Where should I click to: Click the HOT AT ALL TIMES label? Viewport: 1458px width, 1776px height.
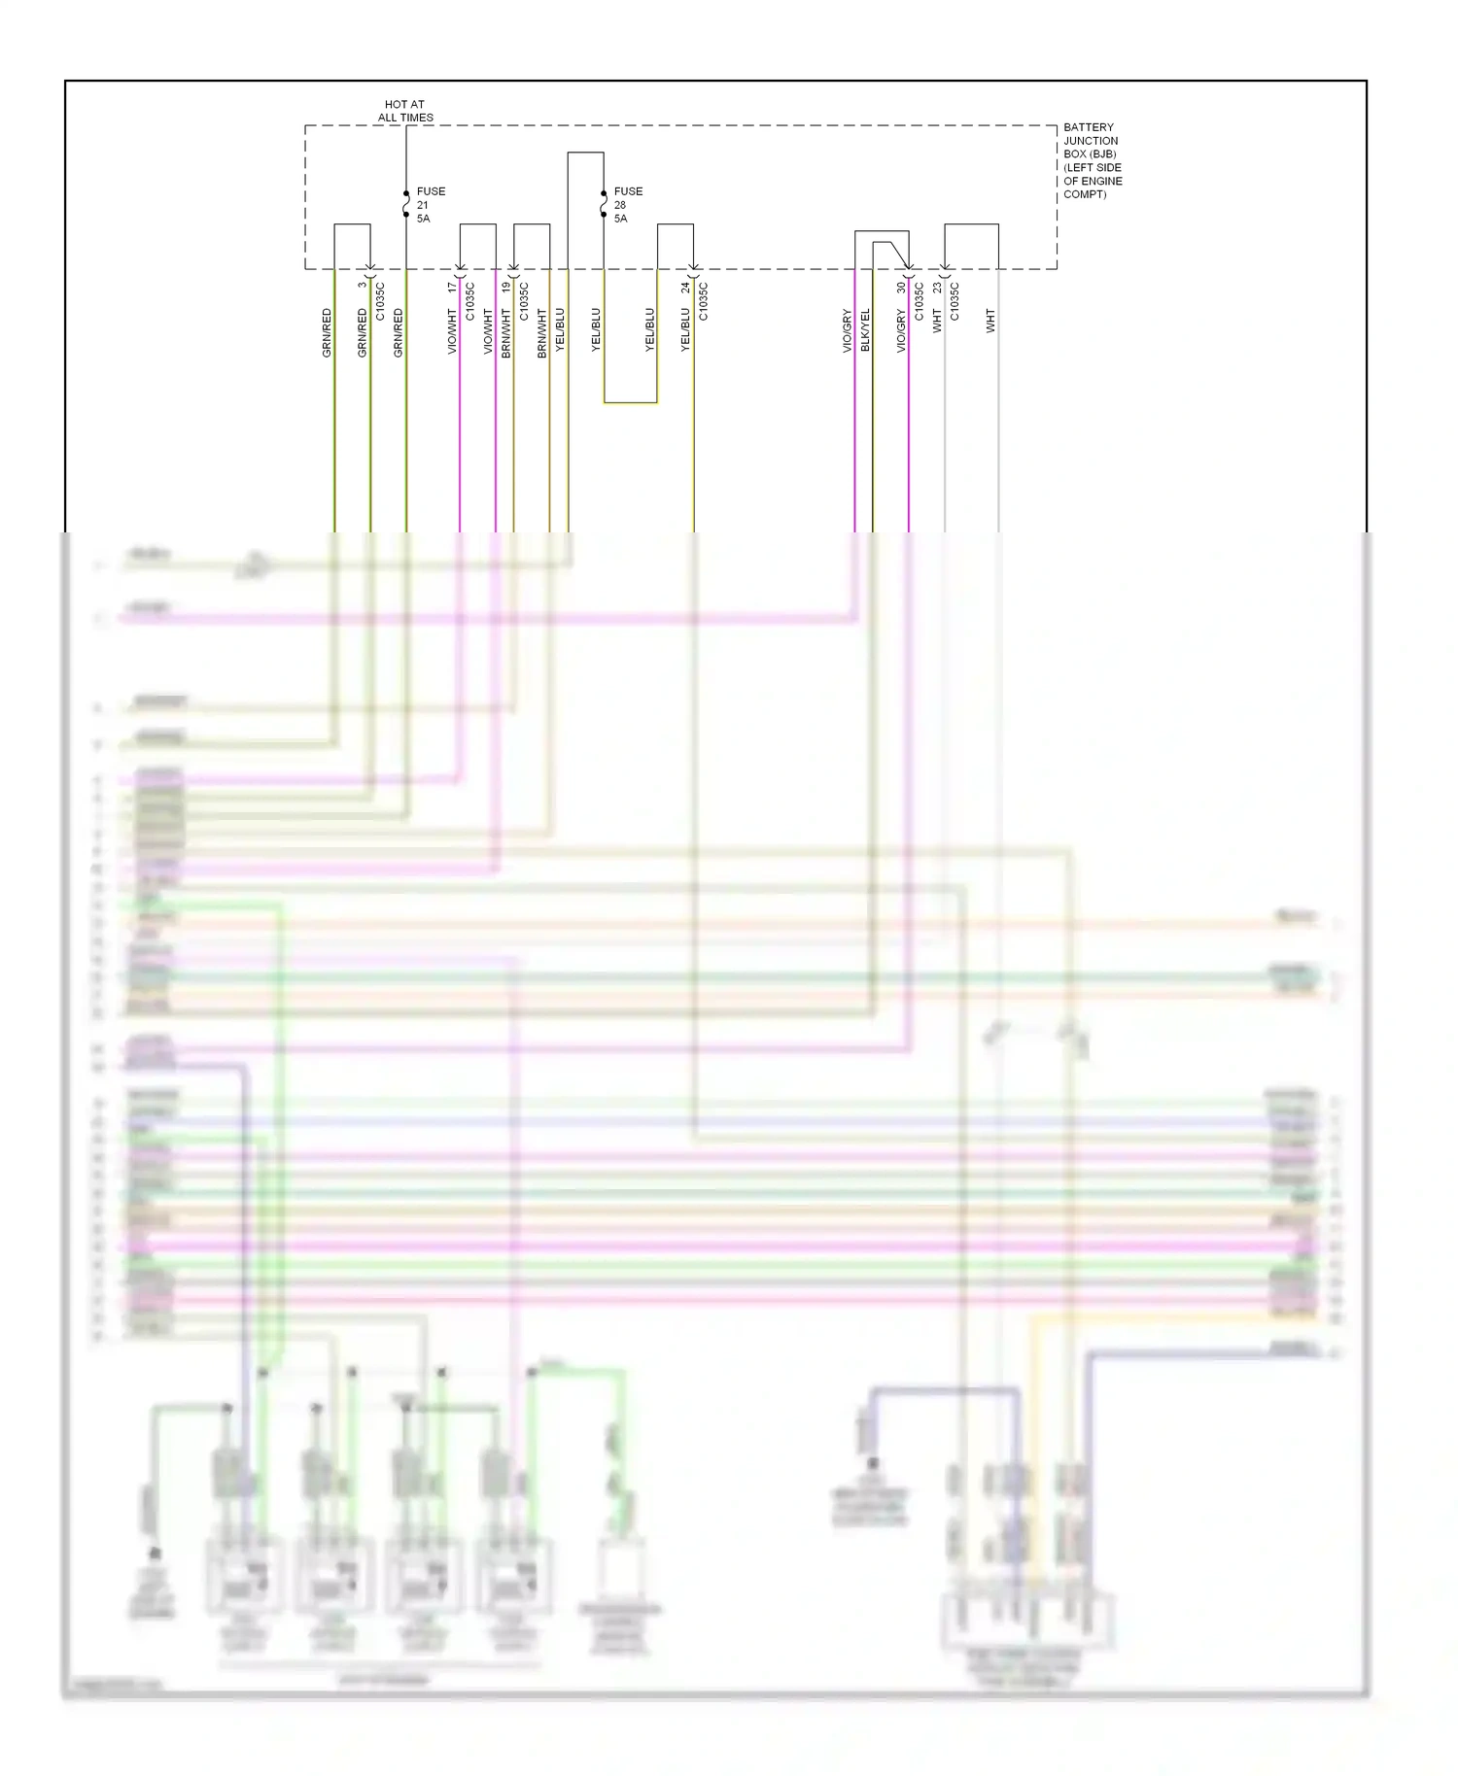coord(405,111)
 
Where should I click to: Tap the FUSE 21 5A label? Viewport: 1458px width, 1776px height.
coord(431,205)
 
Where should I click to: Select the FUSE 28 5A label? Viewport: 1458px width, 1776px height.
coord(628,205)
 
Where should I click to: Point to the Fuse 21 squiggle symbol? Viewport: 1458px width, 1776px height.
coord(406,204)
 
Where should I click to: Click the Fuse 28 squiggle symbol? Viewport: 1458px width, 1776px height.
coord(604,204)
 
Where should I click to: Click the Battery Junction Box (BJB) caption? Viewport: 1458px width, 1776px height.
coord(1093,160)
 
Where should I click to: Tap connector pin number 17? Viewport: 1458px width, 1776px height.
coord(452,288)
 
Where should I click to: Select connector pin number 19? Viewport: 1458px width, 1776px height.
coord(506,288)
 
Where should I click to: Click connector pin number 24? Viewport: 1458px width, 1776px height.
coord(685,288)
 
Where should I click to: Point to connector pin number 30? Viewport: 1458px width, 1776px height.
coord(901,288)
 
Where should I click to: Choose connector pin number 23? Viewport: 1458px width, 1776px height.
coord(937,288)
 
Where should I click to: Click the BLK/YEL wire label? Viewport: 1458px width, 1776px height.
coord(865,330)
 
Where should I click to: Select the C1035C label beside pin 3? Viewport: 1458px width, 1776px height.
coord(380,301)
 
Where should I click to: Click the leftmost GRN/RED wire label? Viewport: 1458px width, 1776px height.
coord(327,333)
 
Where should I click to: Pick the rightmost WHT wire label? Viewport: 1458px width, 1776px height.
coord(990,322)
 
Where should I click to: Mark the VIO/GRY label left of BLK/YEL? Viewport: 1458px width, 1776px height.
coord(847,330)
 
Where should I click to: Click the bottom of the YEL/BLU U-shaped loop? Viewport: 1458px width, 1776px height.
coord(630,402)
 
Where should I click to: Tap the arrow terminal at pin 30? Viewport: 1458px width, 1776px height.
coord(909,267)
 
